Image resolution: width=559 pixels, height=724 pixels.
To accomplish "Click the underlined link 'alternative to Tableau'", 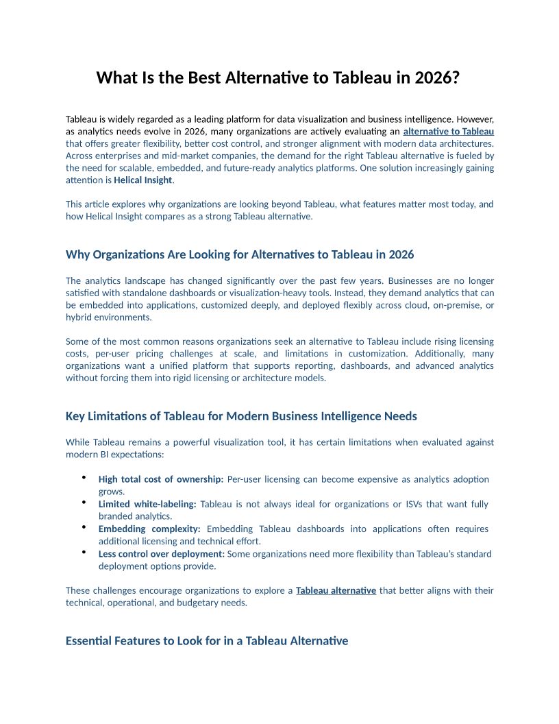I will [x=449, y=131].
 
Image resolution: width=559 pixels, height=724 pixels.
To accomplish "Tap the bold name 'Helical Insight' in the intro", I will [x=143, y=180].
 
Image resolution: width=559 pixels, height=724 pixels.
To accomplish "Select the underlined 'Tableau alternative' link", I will [x=336, y=590].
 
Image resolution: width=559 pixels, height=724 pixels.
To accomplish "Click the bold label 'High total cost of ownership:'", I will [x=161, y=479].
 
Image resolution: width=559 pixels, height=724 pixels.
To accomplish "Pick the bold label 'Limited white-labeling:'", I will [x=147, y=504].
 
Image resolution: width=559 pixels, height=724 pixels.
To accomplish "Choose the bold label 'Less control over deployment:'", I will [x=162, y=553].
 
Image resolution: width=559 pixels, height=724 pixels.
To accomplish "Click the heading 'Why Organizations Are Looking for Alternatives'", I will [x=240, y=254].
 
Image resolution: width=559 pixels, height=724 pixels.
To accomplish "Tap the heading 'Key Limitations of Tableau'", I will [x=241, y=416].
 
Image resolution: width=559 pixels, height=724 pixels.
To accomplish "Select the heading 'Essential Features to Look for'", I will [x=207, y=641].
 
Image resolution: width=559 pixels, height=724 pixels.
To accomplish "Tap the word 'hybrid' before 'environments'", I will [x=79, y=317].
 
